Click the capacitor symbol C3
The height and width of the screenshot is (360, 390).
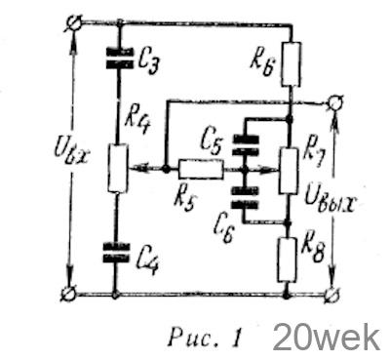click(119, 59)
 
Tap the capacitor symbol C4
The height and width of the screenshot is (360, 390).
click(116, 253)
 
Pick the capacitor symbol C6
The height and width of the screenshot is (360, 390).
click(246, 198)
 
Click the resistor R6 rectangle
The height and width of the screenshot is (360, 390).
click(292, 64)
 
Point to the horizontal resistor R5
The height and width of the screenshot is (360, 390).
click(201, 170)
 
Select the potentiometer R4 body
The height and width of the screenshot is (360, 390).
click(118, 168)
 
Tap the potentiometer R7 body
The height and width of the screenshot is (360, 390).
click(289, 171)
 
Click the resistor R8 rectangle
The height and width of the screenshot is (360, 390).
click(288, 260)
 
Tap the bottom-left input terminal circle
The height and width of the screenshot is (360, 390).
click(69, 295)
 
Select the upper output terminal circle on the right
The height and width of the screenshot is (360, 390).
click(334, 103)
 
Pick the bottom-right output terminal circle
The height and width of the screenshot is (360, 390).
click(332, 296)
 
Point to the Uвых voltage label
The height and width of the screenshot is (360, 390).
click(330, 201)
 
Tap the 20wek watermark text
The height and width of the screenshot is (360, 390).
click(327, 338)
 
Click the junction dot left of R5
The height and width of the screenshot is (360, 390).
click(166, 170)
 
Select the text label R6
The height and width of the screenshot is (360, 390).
click(262, 64)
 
